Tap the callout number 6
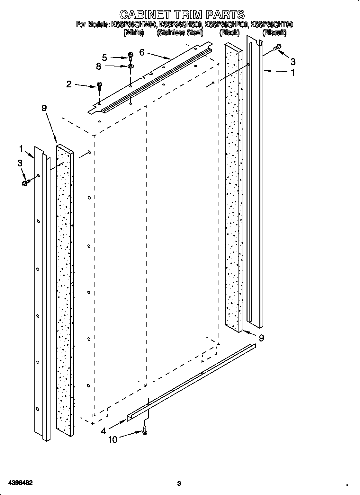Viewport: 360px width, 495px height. (142, 52)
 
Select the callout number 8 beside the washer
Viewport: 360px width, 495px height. (98, 66)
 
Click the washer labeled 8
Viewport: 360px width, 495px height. (130, 66)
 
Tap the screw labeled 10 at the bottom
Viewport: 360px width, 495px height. (145, 430)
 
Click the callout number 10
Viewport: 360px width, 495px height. (113, 439)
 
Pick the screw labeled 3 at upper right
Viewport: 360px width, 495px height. (277, 48)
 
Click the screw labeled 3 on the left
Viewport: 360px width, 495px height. (25, 183)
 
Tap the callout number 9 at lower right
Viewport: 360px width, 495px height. (261, 338)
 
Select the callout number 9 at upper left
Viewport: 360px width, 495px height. (44, 108)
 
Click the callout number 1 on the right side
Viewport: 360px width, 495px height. (292, 73)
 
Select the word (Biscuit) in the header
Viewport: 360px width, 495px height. (274, 32)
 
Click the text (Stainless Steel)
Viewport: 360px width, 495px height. (180, 32)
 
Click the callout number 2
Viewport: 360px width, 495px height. (69, 84)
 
